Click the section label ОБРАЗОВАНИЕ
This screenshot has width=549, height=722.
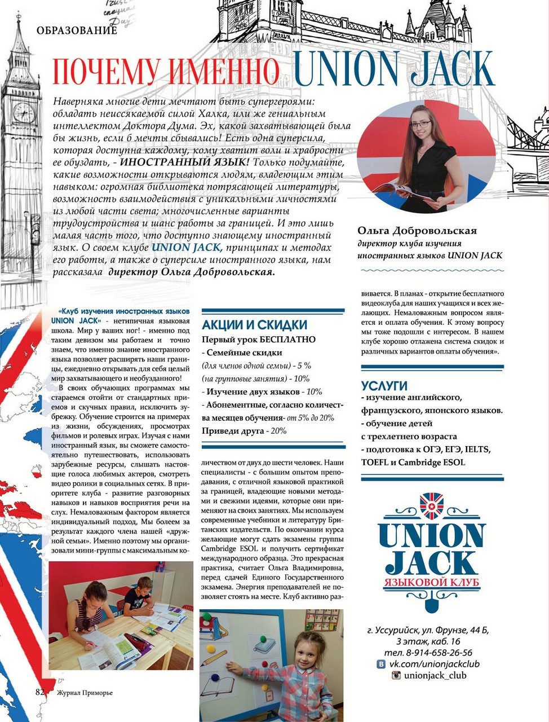pyautogui.click(x=76, y=30)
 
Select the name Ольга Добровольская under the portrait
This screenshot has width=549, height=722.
pyautogui.click(x=417, y=231)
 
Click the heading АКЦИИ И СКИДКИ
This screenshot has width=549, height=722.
pyautogui.click(x=255, y=325)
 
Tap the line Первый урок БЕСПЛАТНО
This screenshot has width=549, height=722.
pyautogui.click(x=259, y=340)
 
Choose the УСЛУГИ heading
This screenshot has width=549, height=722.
pyautogui.click(x=384, y=386)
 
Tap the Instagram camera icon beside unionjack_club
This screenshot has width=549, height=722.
pyautogui.click(x=396, y=675)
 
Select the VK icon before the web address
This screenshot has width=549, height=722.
pyautogui.click(x=381, y=664)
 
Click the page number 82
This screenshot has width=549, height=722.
pyautogui.click(x=39, y=692)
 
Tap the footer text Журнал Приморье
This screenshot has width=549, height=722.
pyautogui.click(x=84, y=693)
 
